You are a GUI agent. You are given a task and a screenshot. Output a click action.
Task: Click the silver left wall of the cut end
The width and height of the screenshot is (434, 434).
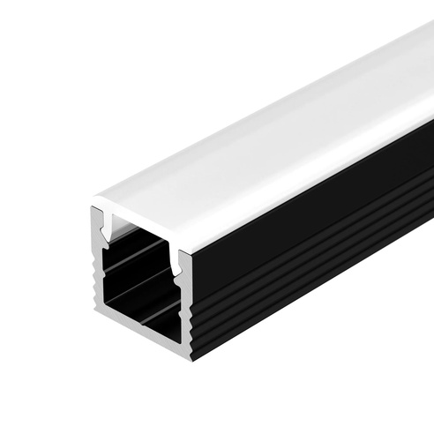(99, 265)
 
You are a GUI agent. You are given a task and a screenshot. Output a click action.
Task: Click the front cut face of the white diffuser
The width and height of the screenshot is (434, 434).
(141, 221)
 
